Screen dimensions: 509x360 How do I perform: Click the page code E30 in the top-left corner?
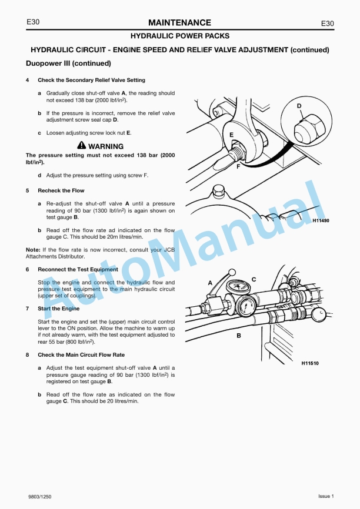(x=33, y=22)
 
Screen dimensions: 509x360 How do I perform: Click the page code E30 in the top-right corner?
(x=327, y=24)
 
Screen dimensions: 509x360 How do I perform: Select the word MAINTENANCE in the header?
(x=179, y=23)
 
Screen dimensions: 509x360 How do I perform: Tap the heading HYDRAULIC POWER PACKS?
(x=179, y=36)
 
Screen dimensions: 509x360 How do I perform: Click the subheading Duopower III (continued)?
(x=68, y=63)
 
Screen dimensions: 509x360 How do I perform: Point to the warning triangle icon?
(x=81, y=146)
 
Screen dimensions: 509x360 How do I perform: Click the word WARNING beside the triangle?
(x=106, y=146)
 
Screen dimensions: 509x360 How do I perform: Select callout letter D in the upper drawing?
(x=299, y=106)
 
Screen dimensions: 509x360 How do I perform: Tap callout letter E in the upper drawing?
(x=231, y=135)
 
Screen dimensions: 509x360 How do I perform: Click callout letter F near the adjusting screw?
(x=238, y=167)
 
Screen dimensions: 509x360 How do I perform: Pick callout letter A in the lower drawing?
(x=210, y=283)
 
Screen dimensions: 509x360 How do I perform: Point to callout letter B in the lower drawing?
(x=239, y=336)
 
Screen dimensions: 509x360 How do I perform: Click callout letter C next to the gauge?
(x=254, y=279)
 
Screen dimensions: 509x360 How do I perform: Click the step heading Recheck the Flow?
(x=61, y=190)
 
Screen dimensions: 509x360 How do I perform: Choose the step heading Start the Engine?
(x=58, y=309)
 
